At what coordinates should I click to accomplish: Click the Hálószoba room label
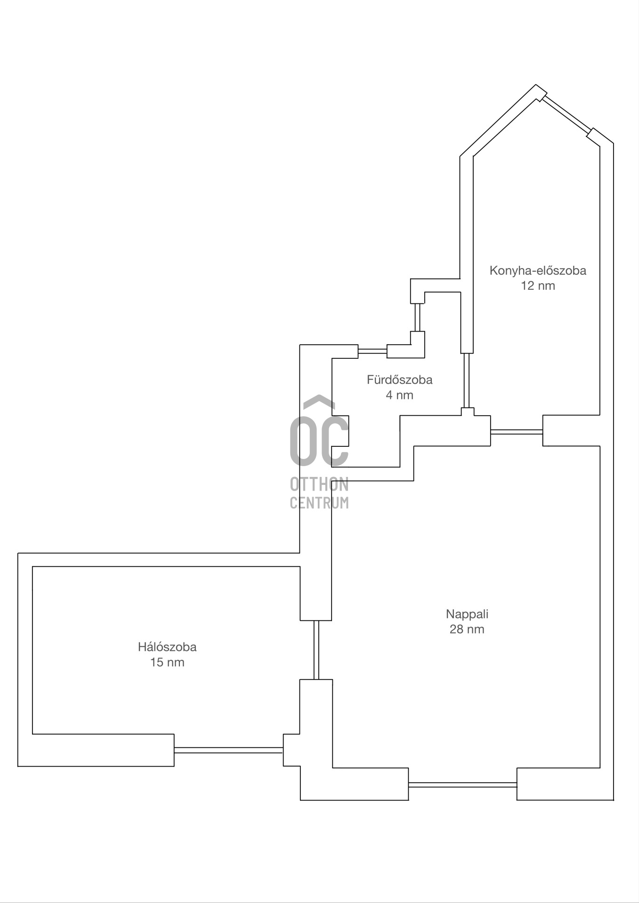pyautogui.click(x=167, y=647)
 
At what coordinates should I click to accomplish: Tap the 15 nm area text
pyautogui.click(x=167, y=663)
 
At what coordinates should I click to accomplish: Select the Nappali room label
pyautogui.click(x=467, y=614)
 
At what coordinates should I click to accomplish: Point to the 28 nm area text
pyautogui.click(x=467, y=629)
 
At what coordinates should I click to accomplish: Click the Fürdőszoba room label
pyautogui.click(x=400, y=380)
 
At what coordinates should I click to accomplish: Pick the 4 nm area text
pyautogui.click(x=400, y=395)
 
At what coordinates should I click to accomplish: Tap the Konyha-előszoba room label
pyautogui.click(x=538, y=270)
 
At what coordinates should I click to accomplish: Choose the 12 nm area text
pyautogui.click(x=538, y=285)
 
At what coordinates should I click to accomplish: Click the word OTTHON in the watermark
pyautogui.click(x=319, y=484)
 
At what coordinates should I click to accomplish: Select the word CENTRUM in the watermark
pyautogui.click(x=319, y=502)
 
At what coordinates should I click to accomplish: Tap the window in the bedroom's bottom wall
pyautogui.click(x=228, y=750)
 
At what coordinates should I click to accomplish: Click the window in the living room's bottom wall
pyautogui.click(x=462, y=784)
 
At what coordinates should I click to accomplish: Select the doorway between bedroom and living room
pyautogui.click(x=316, y=650)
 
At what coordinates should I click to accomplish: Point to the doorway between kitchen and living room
pyautogui.click(x=517, y=431)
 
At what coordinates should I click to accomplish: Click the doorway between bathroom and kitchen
pyautogui.click(x=467, y=380)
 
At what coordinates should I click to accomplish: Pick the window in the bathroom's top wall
pyautogui.click(x=372, y=351)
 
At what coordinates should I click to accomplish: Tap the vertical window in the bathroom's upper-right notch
pyautogui.click(x=417, y=317)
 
